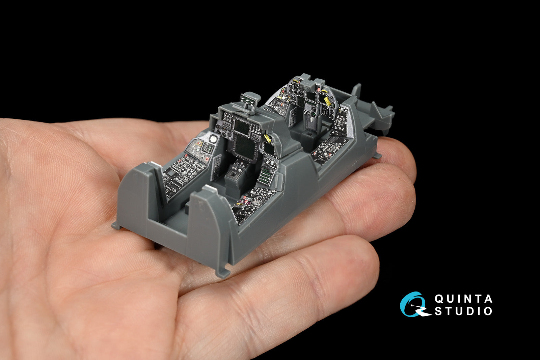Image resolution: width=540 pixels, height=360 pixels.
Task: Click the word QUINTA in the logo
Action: [463, 299]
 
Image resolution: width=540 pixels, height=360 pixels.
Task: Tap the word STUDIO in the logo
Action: [463, 311]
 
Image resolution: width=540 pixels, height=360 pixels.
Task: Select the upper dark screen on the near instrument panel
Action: [242, 127]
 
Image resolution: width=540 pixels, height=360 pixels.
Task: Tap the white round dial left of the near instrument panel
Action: [213, 138]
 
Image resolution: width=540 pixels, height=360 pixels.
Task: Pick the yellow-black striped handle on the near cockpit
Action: [268, 138]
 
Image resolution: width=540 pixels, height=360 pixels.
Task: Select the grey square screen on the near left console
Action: [171, 173]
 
